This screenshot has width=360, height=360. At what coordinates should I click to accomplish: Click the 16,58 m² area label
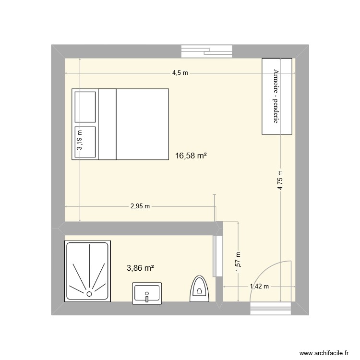tap(191, 156)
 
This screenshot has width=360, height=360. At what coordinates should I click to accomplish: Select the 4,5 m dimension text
tap(180, 73)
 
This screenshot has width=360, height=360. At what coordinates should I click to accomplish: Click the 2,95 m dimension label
tap(141, 206)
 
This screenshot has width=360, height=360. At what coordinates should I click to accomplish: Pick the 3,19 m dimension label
tap(80, 141)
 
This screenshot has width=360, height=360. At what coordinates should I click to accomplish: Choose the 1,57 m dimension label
tap(238, 262)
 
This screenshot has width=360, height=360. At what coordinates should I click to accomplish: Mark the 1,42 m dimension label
tap(259, 287)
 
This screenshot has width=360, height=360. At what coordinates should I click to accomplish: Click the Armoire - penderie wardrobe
tap(276, 96)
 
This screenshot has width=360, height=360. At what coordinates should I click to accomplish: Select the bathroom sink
tap(147, 293)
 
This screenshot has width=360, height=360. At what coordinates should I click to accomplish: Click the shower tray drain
tap(89, 293)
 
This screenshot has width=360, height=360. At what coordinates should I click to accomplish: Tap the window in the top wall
tap(207, 51)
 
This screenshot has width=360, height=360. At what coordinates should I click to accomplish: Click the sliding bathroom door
tap(215, 255)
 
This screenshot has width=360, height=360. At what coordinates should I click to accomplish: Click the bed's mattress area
tap(142, 124)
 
